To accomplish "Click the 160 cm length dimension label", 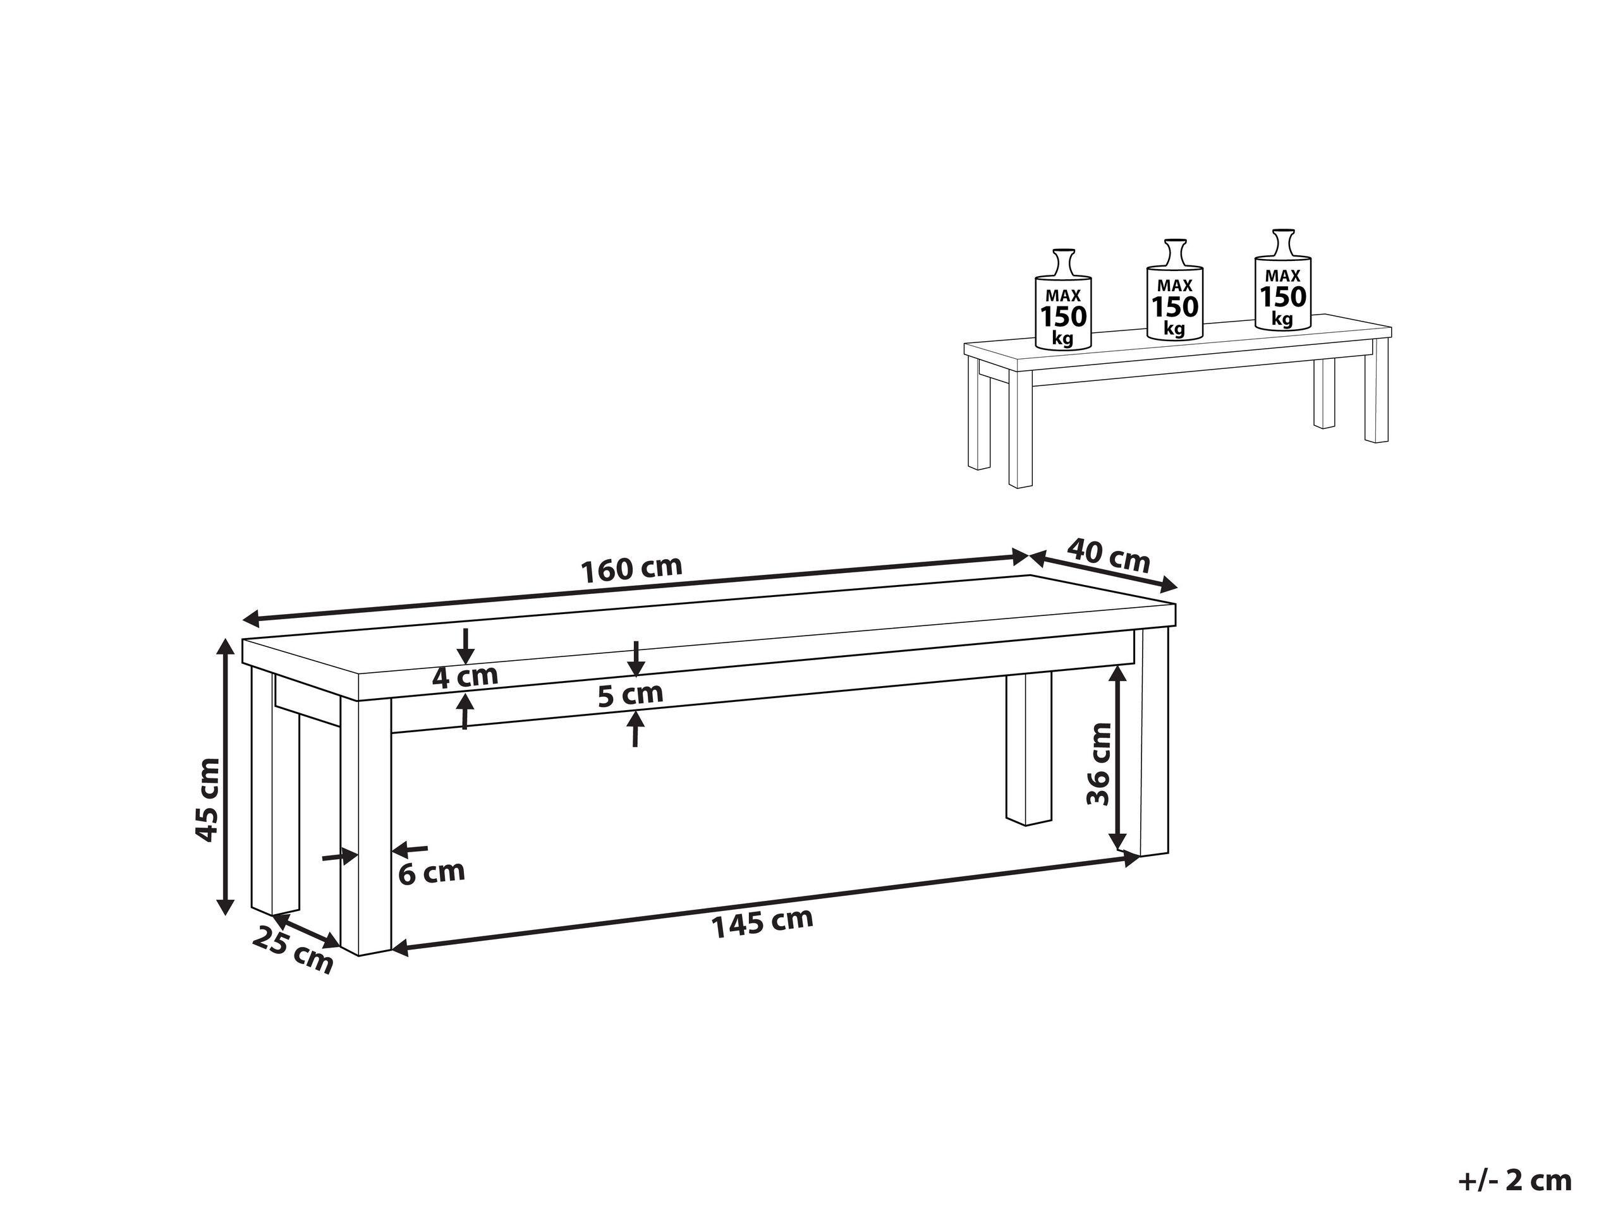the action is pos(631,568).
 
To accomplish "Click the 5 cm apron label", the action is pos(631,694).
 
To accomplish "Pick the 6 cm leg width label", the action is pos(432,872).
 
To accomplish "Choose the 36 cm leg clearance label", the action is pos(1098,763).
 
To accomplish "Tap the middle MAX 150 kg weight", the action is pos(1174,289).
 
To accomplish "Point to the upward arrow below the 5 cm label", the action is pos(636,728).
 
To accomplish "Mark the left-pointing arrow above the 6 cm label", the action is pos(410,849).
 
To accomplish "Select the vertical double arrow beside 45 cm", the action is pos(227,776).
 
